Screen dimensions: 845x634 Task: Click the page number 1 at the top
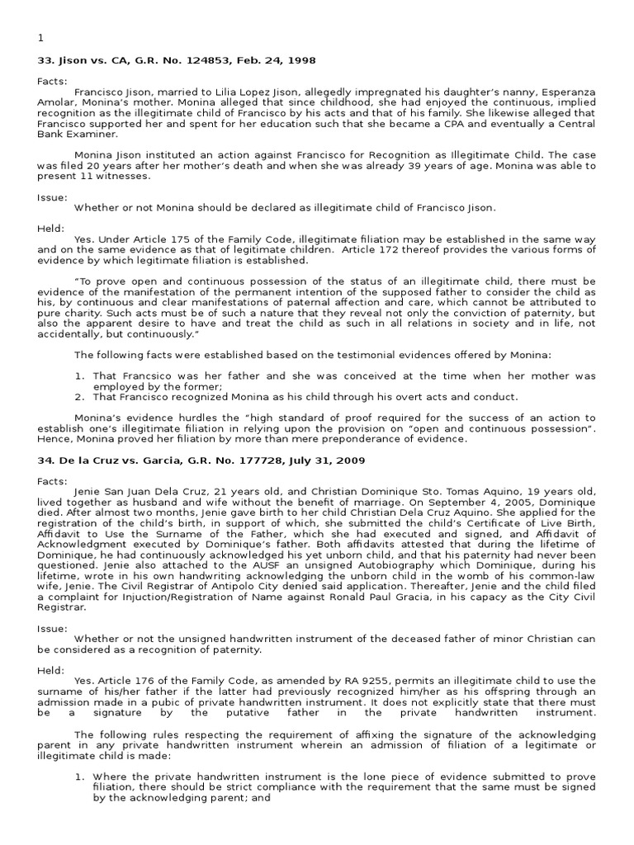coord(40,38)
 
